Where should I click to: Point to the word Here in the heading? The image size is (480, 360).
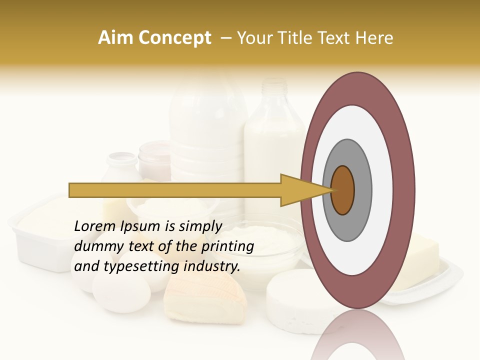pyautogui.click(x=375, y=38)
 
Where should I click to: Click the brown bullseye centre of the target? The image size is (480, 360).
pyautogui.click(x=343, y=190)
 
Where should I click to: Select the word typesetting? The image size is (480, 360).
pyautogui.click(x=141, y=266)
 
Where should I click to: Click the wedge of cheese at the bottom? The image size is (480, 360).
pyautogui.click(x=205, y=300)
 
